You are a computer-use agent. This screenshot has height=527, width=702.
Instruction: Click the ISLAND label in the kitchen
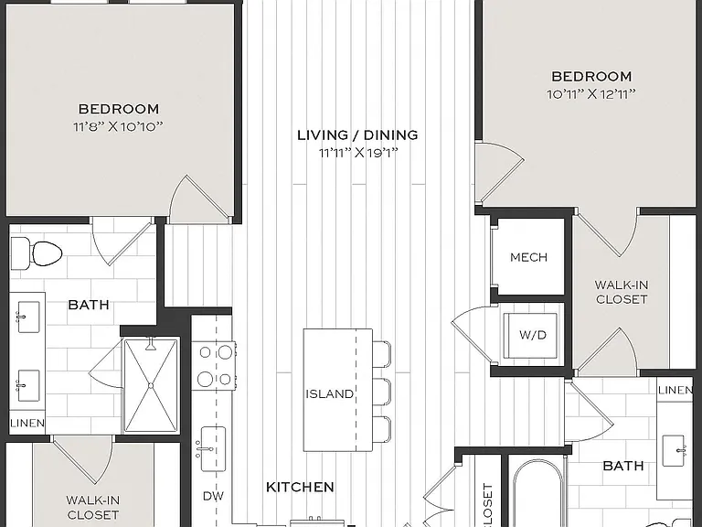329,394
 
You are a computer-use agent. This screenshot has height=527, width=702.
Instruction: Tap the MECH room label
528,257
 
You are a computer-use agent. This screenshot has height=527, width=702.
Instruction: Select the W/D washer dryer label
533,335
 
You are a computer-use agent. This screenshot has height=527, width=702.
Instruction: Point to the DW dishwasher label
213,496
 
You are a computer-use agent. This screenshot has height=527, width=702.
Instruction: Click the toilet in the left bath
37,254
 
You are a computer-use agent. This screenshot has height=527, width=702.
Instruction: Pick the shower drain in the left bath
151,385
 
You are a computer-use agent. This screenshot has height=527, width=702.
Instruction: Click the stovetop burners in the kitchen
214,366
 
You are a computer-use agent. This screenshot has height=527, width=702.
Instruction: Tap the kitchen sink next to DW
212,449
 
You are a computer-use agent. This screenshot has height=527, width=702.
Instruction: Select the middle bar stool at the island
382,393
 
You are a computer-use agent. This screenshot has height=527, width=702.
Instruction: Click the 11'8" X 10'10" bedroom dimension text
118,127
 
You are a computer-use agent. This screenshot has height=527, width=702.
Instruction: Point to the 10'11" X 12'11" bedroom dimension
591,94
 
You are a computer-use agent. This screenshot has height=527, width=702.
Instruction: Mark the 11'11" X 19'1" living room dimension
358,154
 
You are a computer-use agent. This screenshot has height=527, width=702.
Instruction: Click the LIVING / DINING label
357,134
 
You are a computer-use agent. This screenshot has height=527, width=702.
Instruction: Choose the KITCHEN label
300,487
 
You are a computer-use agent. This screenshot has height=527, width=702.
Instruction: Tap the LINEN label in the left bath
27,423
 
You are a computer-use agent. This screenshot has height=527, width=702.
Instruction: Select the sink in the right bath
674,451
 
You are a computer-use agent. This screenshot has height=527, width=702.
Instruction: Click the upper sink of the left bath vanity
27,317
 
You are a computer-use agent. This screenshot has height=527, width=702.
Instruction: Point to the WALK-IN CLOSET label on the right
622,292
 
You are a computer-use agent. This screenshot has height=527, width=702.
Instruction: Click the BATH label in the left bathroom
89,306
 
